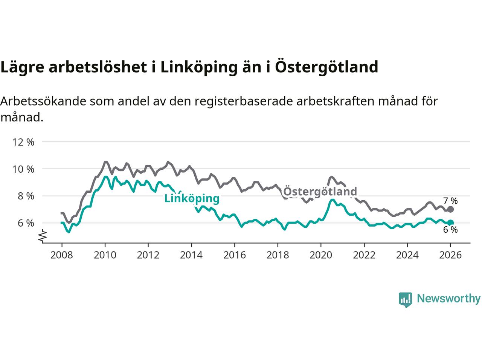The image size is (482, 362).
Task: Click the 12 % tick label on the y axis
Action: click(x=23, y=142)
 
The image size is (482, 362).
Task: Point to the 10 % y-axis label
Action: click(x=23, y=169)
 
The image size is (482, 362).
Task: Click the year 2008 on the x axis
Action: click(x=62, y=255)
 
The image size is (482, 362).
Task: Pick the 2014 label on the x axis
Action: click(x=191, y=255)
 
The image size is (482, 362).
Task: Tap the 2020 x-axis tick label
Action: click(x=321, y=255)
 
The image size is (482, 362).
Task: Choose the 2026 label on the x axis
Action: click(x=450, y=255)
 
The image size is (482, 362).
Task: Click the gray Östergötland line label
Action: click(x=320, y=192)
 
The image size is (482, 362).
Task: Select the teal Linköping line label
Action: click(x=192, y=198)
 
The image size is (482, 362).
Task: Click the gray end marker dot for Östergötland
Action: click(x=450, y=209)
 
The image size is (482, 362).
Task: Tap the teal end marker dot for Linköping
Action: click(x=450, y=222)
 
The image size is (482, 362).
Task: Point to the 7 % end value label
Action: click(x=450, y=201)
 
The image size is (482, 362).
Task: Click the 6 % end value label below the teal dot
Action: click(x=450, y=230)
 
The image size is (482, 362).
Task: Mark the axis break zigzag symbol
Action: click(x=43, y=236)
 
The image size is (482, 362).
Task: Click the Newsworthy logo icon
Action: click(x=406, y=299)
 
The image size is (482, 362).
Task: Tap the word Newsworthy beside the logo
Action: click(x=448, y=299)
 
